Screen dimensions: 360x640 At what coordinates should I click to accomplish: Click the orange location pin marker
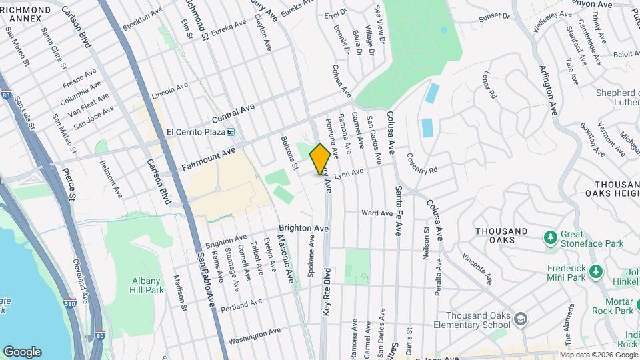[x=320, y=159]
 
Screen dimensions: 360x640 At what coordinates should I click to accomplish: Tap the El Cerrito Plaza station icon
[x=231, y=131]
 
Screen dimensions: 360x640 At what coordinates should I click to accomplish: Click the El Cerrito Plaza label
[x=195, y=131]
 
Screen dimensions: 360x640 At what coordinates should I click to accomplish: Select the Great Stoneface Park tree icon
[x=551, y=237]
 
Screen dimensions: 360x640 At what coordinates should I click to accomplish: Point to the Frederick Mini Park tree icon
[x=596, y=271]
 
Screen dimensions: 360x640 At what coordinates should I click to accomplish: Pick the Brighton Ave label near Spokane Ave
[x=304, y=228]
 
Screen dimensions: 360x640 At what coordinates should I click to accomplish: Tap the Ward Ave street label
[x=377, y=213]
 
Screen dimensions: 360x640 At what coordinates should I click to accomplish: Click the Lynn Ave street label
[x=349, y=173]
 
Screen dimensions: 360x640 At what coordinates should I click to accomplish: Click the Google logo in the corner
[x=22, y=352]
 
